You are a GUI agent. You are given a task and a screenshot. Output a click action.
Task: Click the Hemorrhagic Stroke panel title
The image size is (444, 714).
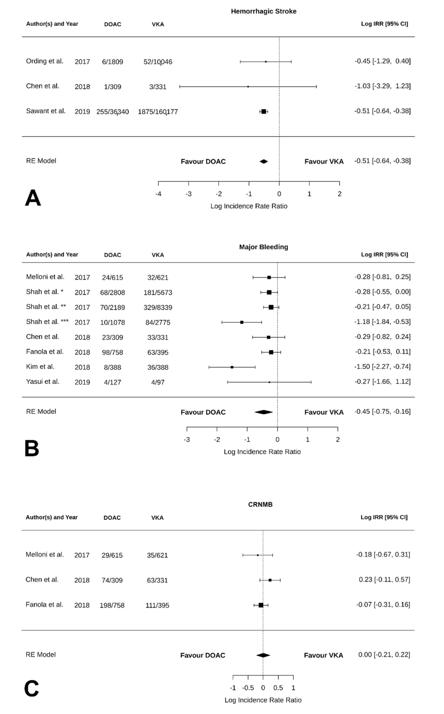pos(263,11)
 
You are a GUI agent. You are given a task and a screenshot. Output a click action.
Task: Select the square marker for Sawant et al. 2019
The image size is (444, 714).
pos(264,112)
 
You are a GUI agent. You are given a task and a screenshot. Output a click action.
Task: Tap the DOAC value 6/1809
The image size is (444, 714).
pos(112,62)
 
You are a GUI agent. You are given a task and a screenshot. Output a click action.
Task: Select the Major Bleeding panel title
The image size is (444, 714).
pos(263,247)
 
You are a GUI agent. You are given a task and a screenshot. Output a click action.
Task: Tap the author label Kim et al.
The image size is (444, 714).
pos(40,367)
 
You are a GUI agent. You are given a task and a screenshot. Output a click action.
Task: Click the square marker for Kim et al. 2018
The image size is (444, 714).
pos(232,367)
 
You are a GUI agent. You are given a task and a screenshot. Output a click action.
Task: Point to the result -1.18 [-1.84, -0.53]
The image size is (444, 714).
pos(382,322)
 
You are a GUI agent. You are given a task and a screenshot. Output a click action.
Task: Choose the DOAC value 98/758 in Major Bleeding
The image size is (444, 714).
pos(112,352)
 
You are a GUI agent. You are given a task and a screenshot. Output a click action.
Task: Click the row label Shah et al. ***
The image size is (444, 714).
pos(47,322)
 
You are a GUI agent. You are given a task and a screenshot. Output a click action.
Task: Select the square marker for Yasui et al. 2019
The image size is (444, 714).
pos(269,382)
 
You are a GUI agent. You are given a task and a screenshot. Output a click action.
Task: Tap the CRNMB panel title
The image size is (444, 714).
pos(260,504)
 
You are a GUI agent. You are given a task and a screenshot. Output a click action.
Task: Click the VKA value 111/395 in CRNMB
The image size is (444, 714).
pos(157,605)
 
